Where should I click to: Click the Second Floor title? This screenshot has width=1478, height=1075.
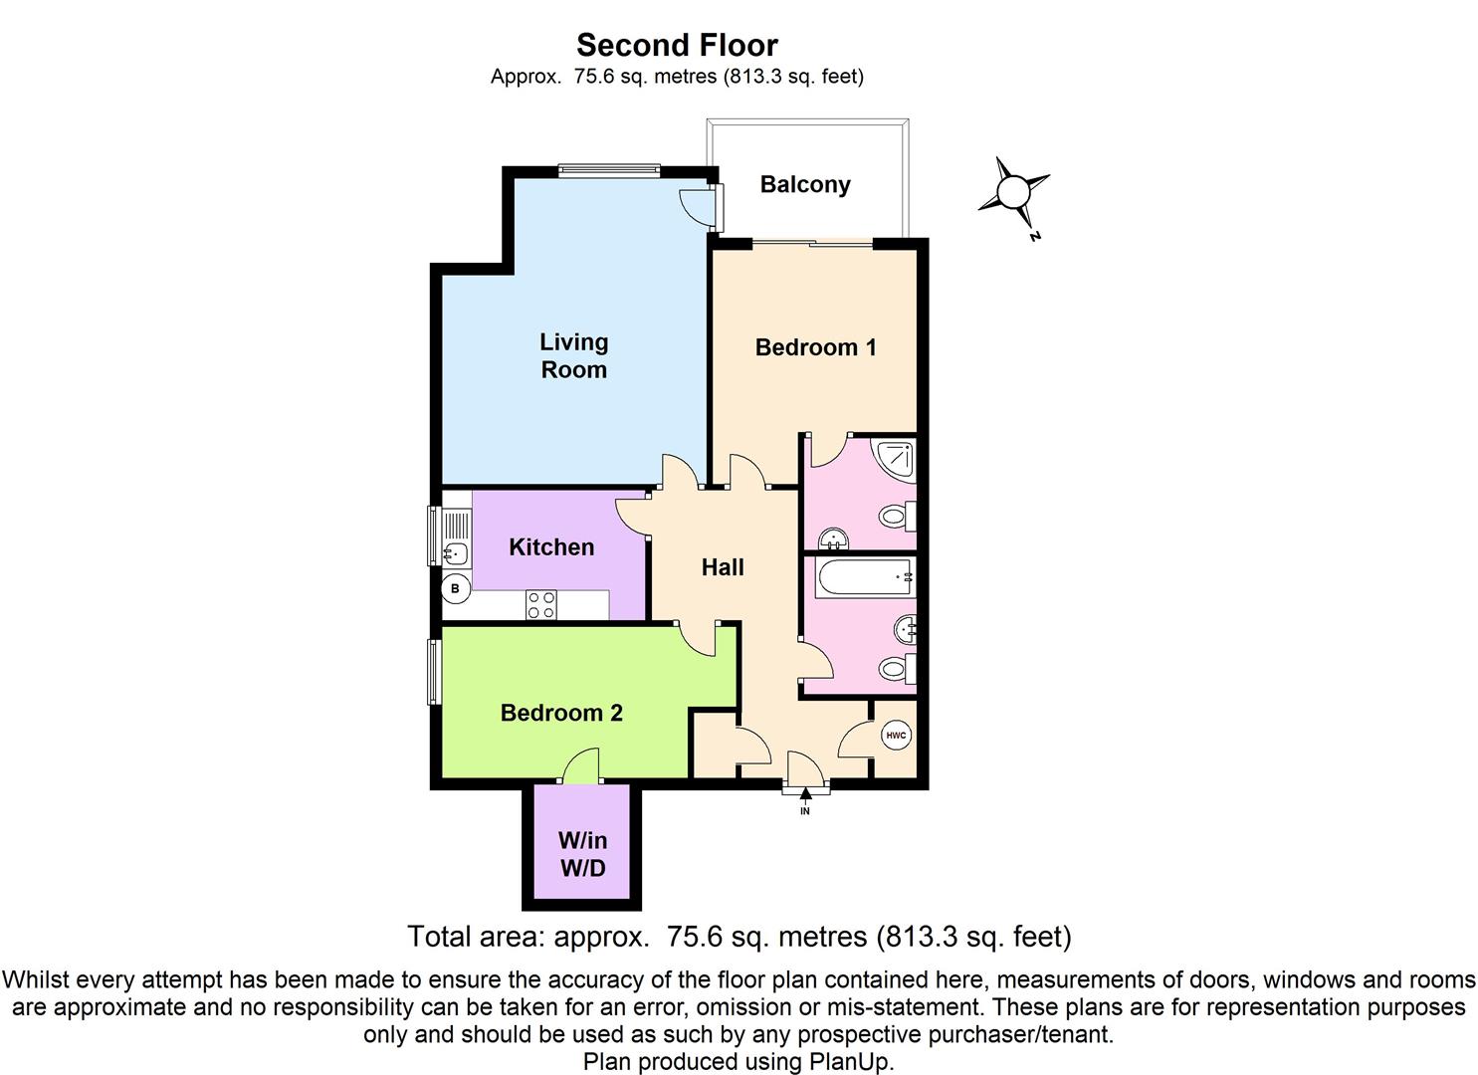pos(677,45)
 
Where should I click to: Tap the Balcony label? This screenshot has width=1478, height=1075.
pos(804,184)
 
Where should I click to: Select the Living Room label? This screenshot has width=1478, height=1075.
pos(573,355)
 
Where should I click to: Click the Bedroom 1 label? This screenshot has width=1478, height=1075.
pos(815,347)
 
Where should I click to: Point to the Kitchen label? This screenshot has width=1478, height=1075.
pos(551,546)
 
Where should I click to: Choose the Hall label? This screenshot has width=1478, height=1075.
pos(723,567)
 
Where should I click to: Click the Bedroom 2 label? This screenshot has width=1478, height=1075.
pos(561,713)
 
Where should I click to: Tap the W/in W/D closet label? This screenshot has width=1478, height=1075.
pos(582,854)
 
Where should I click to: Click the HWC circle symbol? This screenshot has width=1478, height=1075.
pos(896,737)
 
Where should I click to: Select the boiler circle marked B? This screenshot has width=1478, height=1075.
pos(456,589)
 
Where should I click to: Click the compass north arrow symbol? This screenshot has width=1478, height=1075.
pos(1013,191)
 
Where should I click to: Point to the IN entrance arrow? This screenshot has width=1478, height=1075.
pos(805,794)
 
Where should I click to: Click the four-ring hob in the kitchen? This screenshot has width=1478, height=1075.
pos(541,604)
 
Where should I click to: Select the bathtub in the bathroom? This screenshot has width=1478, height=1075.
pos(863,577)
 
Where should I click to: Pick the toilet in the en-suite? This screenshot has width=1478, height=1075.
pos(896,516)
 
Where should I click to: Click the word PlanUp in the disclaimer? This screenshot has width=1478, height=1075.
pos(855,1061)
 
